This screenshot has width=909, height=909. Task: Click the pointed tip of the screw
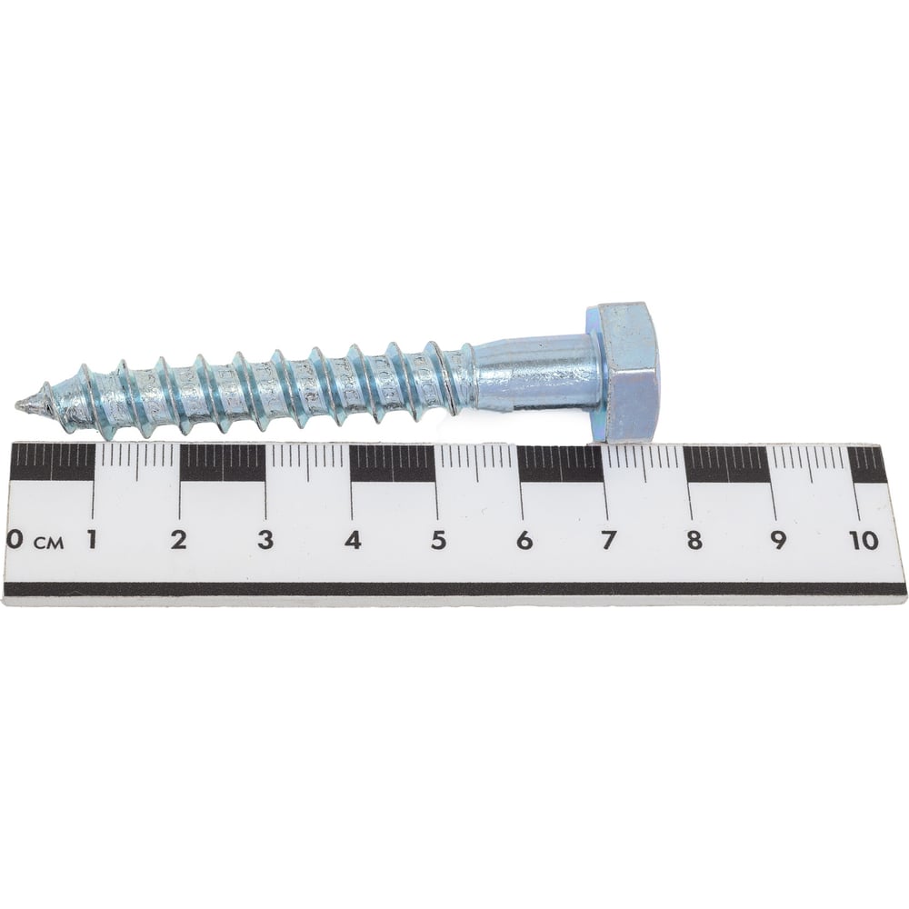pos(17,405)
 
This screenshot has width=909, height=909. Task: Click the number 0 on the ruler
pos(15,540)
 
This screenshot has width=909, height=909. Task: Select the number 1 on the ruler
pos(92,540)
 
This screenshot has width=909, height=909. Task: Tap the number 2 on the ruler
pos(179,540)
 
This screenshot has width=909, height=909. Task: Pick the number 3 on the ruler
pos(265,540)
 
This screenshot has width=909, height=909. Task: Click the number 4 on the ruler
pos(353,540)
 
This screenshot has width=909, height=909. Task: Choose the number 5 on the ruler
pos(439,540)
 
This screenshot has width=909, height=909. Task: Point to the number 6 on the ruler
pos(524,540)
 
